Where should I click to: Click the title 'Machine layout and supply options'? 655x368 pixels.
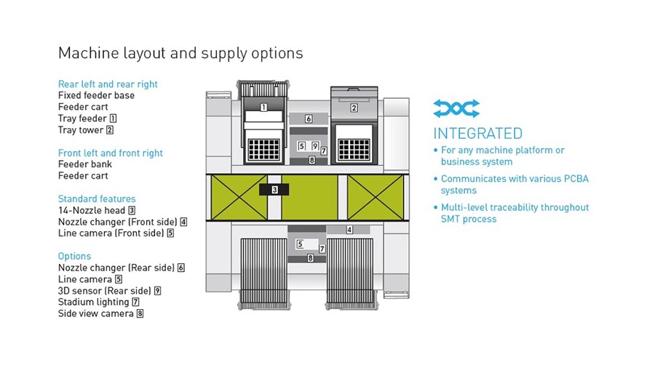coord(180,53)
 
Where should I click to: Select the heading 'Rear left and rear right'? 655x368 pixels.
coord(108,84)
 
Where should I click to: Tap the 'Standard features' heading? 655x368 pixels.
coord(97,199)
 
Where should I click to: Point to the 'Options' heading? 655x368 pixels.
coord(74,256)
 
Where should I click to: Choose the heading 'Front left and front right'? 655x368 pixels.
coord(111,153)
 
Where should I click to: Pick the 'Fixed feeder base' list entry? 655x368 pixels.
coord(97,95)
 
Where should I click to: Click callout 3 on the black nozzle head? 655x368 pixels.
coord(274,190)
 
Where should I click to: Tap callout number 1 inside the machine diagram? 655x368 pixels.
coord(263,108)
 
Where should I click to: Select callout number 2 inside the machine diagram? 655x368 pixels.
coord(354,108)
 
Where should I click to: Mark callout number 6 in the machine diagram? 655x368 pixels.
coord(309,119)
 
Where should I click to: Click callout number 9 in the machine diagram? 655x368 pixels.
coord(315,146)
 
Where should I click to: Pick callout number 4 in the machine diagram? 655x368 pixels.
coord(349,230)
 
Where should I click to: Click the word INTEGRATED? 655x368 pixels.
coord(478,134)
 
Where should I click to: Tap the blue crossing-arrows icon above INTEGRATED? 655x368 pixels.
coord(456,108)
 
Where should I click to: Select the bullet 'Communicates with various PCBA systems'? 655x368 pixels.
coord(512,185)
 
